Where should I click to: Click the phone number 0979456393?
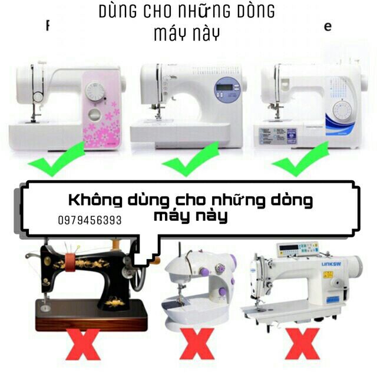90,220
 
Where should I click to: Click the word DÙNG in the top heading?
121,11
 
